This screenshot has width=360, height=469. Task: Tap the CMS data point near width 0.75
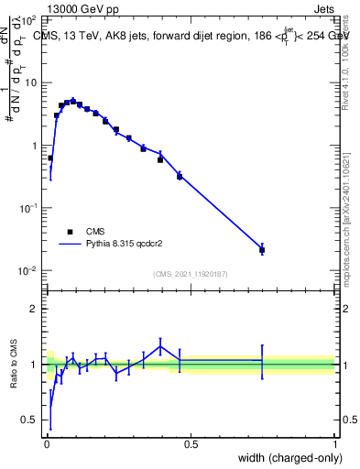click(262, 249)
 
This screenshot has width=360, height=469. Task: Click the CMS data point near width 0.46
click(180, 175)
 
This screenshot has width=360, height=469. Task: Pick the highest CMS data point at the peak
click(73, 102)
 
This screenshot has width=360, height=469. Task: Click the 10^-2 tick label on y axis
click(27, 270)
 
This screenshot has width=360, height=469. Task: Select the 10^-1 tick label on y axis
click(27, 208)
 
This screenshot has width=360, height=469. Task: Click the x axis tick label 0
click(46, 443)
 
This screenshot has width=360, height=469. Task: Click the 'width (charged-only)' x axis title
click(285, 459)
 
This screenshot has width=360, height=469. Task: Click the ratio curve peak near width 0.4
click(160, 345)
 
